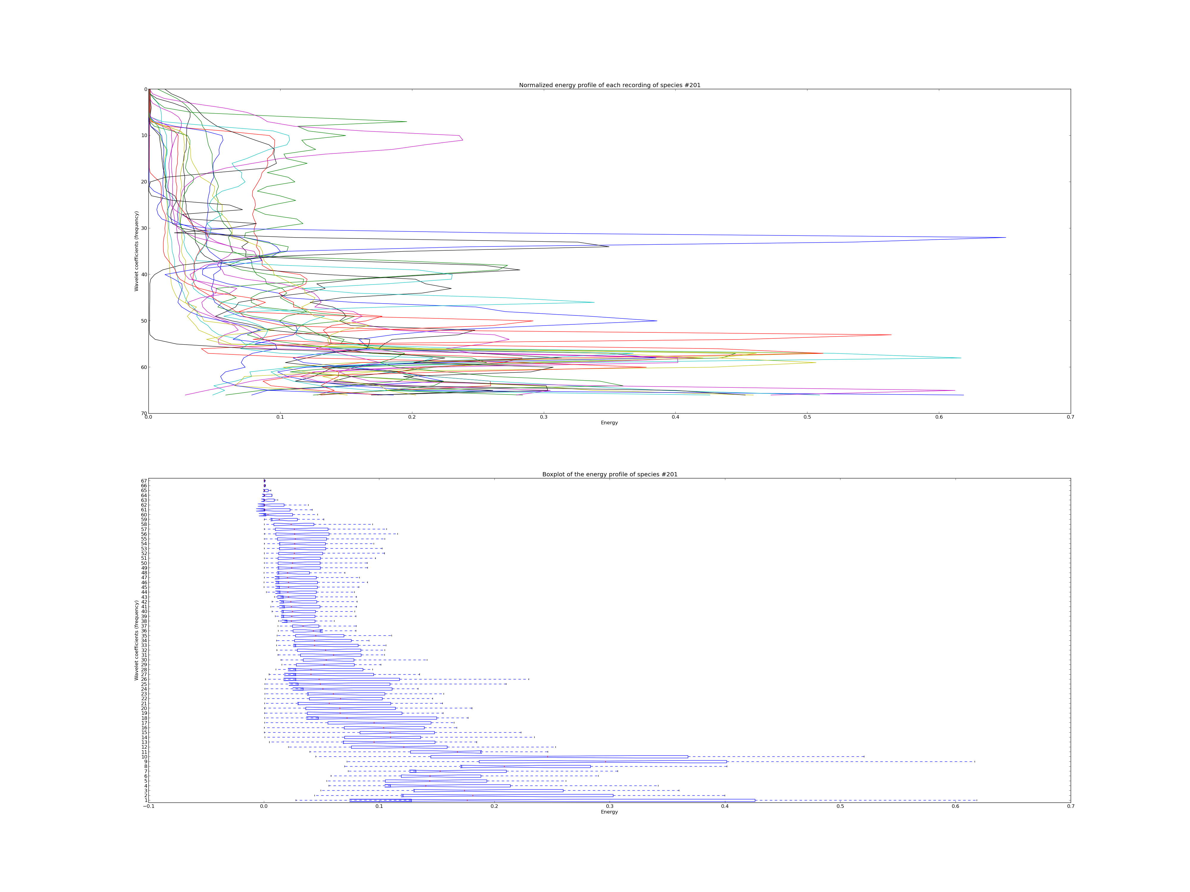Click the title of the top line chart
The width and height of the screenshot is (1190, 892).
coord(610,85)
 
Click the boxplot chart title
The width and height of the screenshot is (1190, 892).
coord(610,474)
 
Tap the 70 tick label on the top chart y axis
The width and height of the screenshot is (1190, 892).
coord(144,414)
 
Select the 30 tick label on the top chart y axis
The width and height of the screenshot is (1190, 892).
coord(144,228)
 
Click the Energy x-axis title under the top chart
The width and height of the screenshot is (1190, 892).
coord(610,423)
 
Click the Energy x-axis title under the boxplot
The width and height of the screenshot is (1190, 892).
coord(610,812)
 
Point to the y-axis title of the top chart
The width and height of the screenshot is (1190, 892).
coord(137,251)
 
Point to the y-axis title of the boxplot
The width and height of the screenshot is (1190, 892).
coord(137,640)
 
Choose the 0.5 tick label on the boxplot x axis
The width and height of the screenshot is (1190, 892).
coord(840,806)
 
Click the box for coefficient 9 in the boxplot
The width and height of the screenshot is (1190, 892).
coord(602,761)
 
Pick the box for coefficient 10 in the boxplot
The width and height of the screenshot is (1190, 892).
coord(560,756)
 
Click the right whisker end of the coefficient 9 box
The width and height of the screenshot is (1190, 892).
coord(974,761)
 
